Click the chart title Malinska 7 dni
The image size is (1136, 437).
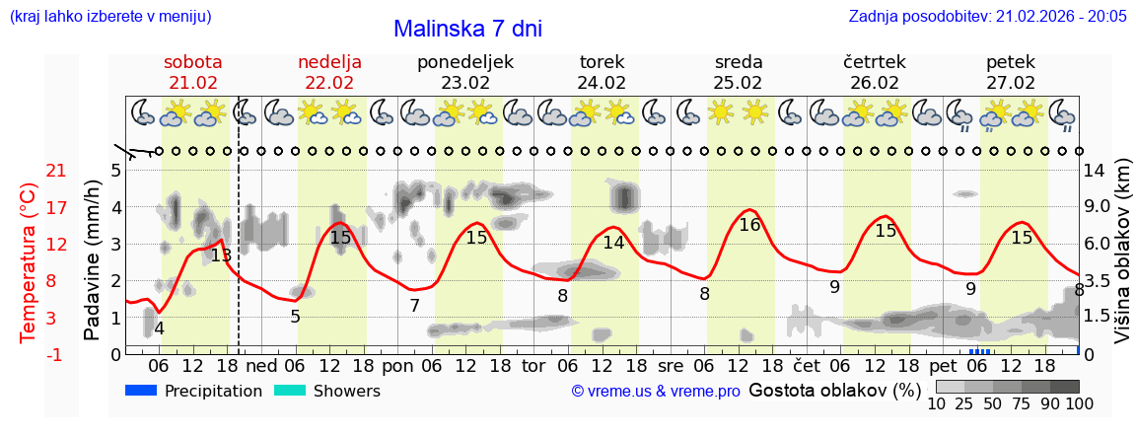pyautogui.click(x=467, y=30)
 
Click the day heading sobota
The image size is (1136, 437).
pyautogui.click(x=193, y=62)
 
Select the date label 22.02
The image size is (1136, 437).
pyautogui.click(x=329, y=83)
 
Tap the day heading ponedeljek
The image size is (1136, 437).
pyautogui.click(x=465, y=62)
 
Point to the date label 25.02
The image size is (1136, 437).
pyautogui.click(x=739, y=83)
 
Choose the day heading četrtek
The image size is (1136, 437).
pyautogui.click(x=875, y=62)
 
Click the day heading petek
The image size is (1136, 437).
pyautogui.click(x=1011, y=62)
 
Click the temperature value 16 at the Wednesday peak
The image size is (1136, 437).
pyautogui.click(x=749, y=225)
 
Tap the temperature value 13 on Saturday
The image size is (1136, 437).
pyautogui.click(x=221, y=255)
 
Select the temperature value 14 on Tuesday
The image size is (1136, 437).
pyautogui.click(x=613, y=243)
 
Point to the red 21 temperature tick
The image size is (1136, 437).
pyautogui.click(x=56, y=172)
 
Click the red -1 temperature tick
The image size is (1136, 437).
pyautogui.click(x=56, y=354)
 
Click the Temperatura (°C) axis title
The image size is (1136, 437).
pyautogui.click(x=28, y=262)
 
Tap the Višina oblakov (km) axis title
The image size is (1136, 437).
pyautogui.click(x=1122, y=253)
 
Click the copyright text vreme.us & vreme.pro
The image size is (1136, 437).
pyautogui.click(x=656, y=392)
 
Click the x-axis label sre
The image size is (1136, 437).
pyautogui.click(x=671, y=366)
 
